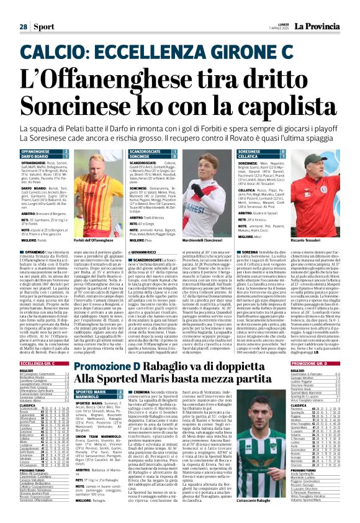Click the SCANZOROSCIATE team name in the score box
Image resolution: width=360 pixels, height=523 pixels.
coord(147,152)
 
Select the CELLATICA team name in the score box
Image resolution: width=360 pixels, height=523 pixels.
coord(249,158)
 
